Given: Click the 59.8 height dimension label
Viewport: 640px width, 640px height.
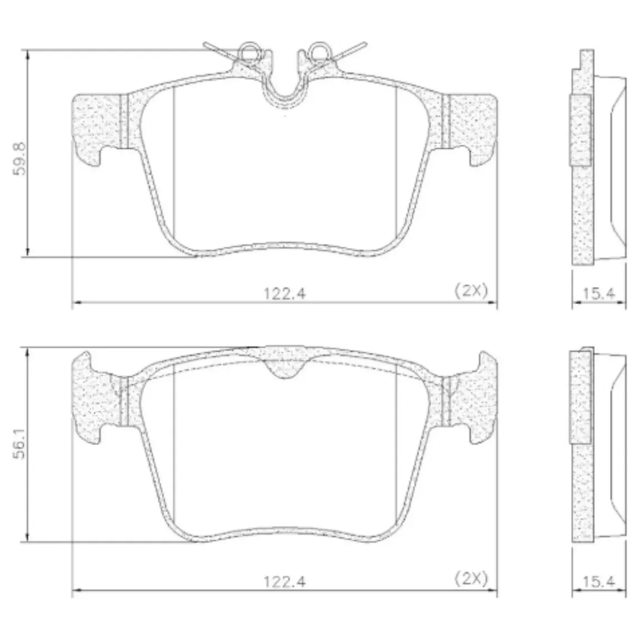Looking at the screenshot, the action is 20,159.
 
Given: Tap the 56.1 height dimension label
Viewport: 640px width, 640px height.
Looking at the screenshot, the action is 20,443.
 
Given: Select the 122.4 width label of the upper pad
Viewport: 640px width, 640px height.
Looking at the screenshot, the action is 284,293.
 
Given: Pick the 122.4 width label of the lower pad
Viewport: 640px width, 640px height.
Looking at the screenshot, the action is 284,581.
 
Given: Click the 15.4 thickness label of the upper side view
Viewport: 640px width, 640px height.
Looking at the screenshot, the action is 598,293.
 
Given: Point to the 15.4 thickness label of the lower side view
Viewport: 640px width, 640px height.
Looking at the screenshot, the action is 598,581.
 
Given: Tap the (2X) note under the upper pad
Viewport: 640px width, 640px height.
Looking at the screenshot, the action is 471,291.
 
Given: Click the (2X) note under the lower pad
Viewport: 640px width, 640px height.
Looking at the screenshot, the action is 471,579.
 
